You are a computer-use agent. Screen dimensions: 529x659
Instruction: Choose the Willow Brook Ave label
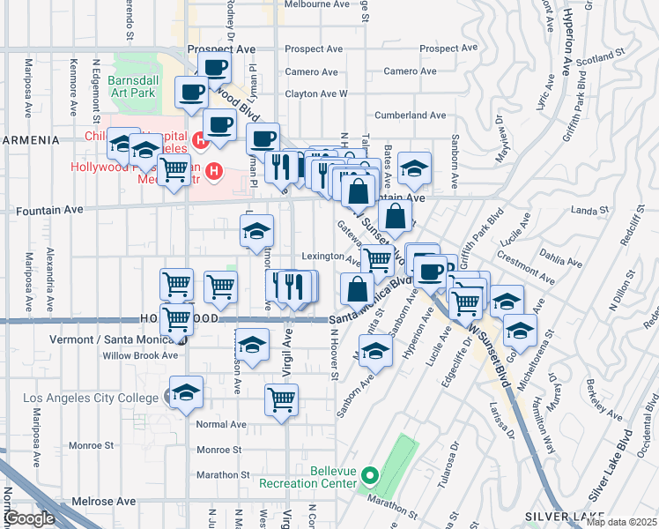(140, 355)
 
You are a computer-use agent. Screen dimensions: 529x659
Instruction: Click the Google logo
(29, 518)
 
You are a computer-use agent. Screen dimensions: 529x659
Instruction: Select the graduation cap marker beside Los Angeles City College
(186, 393)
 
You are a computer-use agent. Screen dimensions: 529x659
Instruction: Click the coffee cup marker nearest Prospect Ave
(214, 67)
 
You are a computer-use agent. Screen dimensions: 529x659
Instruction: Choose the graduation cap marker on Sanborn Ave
(376, 352)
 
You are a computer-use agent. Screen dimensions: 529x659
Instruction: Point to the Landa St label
(609, 209)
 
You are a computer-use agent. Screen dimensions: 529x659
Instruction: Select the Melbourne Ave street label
(317, 4)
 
